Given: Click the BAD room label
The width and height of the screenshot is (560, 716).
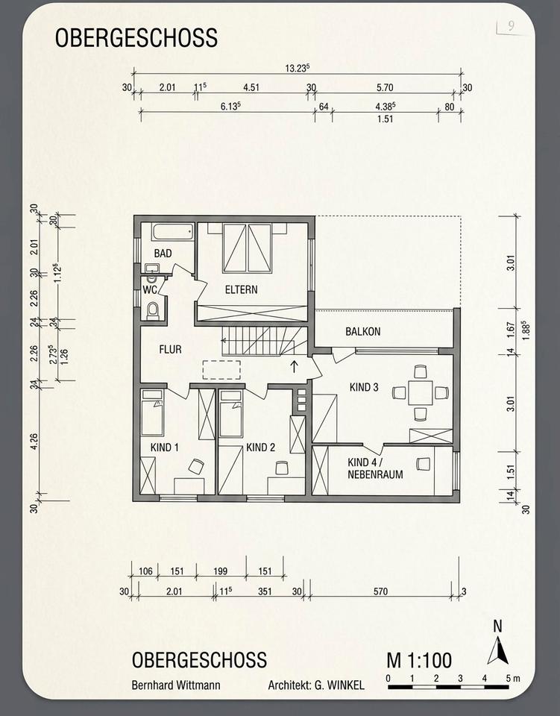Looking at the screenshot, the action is (163, 254).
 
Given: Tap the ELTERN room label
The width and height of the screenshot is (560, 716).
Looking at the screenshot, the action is (241, 289).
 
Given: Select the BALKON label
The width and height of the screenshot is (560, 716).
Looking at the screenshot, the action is (363, 331).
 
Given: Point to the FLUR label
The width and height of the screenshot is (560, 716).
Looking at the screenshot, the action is (170, 350).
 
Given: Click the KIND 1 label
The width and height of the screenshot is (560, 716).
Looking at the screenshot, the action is (164, 447).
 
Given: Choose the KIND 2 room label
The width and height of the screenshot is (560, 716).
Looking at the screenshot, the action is (260, 447).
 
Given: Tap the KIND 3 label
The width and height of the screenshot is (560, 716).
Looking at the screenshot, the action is (364, 387).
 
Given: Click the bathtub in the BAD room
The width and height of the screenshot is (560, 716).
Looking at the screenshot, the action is (173, 231).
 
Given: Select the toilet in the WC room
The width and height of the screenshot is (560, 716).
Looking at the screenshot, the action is (154, 310).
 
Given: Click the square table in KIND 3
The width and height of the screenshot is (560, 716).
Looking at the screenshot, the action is (421, 393).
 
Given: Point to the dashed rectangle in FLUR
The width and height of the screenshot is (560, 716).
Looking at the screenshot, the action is (221, 370).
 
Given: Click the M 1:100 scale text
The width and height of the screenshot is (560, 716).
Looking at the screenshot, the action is (419, 660).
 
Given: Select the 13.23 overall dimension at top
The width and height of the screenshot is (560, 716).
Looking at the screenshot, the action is (298, 68).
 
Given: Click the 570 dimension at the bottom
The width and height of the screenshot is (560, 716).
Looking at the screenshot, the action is (380, 591).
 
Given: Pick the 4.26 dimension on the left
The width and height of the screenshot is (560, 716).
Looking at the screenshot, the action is (34, 441).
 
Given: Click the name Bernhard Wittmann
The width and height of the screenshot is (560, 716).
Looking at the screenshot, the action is (176, 685).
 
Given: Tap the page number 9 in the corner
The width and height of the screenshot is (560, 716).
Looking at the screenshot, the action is (511, 25).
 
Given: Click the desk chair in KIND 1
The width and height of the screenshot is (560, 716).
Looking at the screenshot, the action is (196, 466).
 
